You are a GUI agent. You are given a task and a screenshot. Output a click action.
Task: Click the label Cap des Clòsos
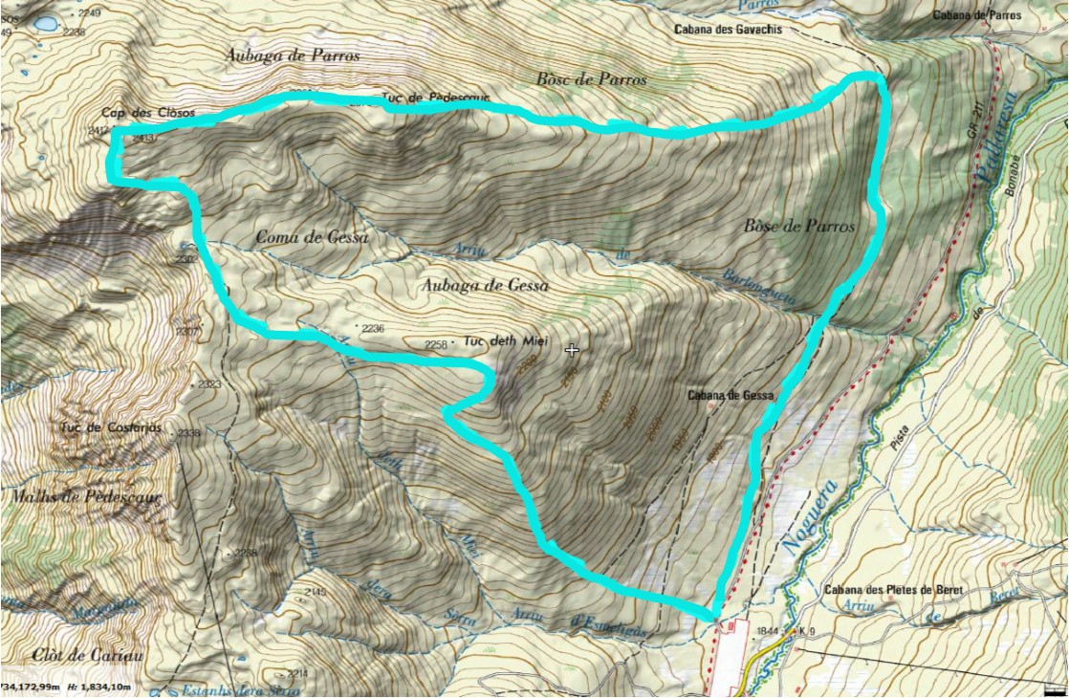(x=148, y=113)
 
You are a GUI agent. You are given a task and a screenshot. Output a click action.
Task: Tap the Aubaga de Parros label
(x=294, y=55)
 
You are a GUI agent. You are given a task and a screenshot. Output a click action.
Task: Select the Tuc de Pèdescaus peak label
(x=436, y=98)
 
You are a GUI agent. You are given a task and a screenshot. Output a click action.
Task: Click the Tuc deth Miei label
(x=496, y=341)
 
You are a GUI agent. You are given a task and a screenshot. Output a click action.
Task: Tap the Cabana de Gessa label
(x=730, y=395)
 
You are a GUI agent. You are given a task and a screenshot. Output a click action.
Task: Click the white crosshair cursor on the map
(x=572, y=351)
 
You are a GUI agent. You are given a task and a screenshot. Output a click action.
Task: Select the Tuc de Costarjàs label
(x=111, y=426)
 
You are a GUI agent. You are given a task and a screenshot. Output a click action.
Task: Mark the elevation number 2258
(x=436, y=344)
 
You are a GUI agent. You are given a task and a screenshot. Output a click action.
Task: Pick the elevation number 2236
(x=374, y=328)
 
